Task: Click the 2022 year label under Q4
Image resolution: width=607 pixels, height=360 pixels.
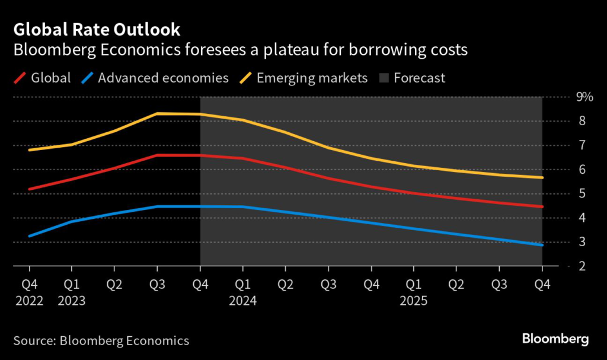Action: point(29,300)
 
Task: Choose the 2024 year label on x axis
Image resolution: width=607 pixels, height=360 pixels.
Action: point(242,300)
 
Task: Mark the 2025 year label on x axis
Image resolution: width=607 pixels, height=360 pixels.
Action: point(413,300)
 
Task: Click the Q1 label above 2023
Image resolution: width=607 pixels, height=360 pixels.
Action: point(72,285)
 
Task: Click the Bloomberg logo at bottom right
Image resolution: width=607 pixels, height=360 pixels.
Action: point(555,339)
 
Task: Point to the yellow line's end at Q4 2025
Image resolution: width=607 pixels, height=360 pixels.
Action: point(542,177)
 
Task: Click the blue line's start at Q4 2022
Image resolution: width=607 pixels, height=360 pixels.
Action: point(29,236)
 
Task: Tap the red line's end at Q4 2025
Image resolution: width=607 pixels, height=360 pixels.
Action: point(542,206)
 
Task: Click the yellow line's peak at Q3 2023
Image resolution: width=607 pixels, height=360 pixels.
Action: point(157,113)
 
